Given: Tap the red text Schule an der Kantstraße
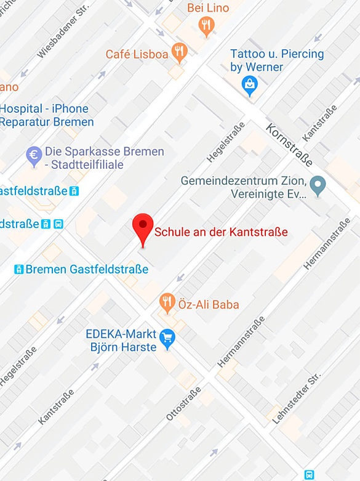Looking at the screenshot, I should click(221, 232).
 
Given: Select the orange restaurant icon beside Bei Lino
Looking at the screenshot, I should click(206, 25).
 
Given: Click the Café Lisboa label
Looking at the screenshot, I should click(137, 54).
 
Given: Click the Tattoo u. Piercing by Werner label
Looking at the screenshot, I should click(276, 60).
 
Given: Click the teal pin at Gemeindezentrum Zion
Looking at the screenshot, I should click(318, 185).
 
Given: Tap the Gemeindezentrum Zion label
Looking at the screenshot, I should click(244, 187).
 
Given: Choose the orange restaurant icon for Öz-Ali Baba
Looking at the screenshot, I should click(167, 302).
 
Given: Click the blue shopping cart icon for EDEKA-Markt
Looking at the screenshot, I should click(167, 338).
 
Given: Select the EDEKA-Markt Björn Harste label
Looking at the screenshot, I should click(121, 341).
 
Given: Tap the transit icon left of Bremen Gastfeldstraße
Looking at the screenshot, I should click(19, 269).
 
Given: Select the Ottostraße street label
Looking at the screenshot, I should click(183, 404).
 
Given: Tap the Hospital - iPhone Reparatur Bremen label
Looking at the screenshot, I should click(47, 115).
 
